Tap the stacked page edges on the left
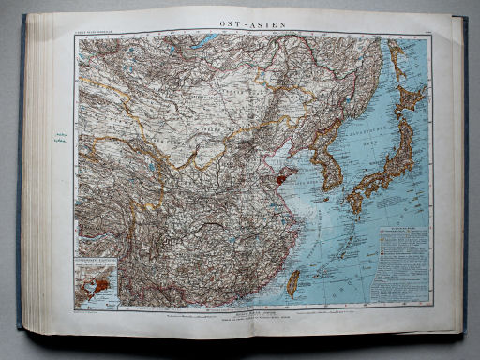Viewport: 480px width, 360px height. (x=36, y=178)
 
